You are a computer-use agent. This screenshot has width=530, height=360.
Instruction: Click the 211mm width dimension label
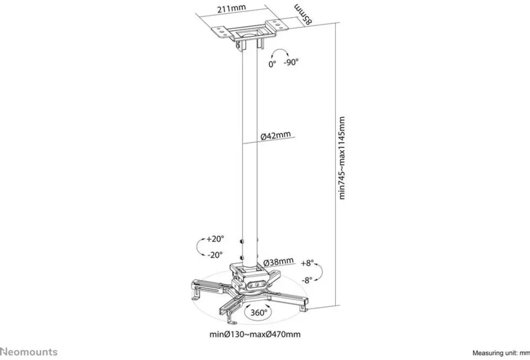pyautogui.click(x=232, y=8)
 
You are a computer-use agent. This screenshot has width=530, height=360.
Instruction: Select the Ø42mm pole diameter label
pyautogui.click(x=275, y=135)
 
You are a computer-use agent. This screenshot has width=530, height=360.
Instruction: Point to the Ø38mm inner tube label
pyautogui.click(x=278, y=261)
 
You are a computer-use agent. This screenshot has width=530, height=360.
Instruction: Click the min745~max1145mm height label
pyautogui.click(x=342, y=158)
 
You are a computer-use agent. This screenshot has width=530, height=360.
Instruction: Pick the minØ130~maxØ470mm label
pyautogui.click(x=255, y=334)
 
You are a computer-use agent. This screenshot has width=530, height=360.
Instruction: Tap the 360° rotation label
pyautogui.click(x=259, y=313)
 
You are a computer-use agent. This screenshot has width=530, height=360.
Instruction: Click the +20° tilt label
pyautogui.click(x=215, y=239)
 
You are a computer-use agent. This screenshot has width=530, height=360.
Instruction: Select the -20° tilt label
pyautogui.click(x=215, y=255)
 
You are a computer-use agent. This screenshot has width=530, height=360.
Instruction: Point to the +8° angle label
pyautogui.click(x=307, y=263)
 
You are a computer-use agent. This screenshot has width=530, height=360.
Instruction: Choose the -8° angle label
pyautogui.click(x=307, y=280)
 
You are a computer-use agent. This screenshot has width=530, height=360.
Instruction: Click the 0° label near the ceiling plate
pyautogui.click(x=272, y=64)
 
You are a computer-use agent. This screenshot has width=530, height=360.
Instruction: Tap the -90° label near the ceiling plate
pyautogui.click(x=291, y=62)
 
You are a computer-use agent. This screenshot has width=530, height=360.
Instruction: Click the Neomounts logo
pyautogui.click(x=29, y=352)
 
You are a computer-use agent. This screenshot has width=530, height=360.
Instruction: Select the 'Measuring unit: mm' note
pyautogui.click(x=501, y=353)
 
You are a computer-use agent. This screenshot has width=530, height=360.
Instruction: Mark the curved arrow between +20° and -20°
pyautogui.click(x=198, y=247)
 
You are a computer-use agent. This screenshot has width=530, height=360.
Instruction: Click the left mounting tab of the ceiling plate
pyautogui.click(x=222, y=31)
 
